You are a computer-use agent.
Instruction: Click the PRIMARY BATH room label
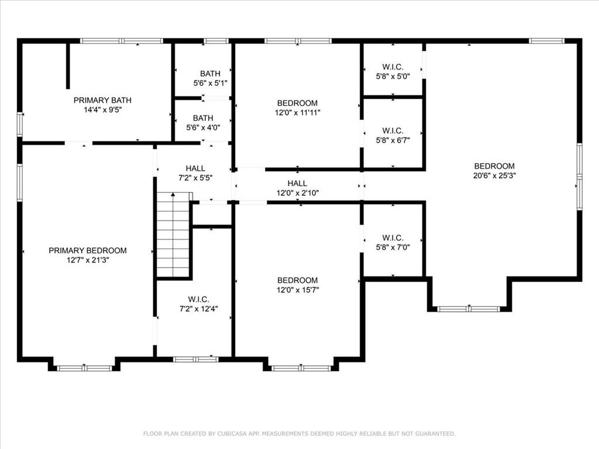tap(102, 100)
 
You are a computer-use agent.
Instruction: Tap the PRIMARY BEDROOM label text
tap(88, 250)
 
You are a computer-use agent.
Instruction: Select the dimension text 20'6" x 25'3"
tap(494, 175)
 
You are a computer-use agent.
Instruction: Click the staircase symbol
tap(173, 234)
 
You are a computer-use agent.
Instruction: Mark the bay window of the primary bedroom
tap(84, 368)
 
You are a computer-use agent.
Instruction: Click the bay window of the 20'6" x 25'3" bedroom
tap(469, 309)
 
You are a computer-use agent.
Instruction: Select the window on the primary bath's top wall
tap(122, 41)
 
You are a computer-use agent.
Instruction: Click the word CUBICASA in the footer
tap(232, 433)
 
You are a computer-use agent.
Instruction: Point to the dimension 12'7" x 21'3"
tap(88, 260)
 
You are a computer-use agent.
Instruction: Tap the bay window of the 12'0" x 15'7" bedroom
tap(301, 368)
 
